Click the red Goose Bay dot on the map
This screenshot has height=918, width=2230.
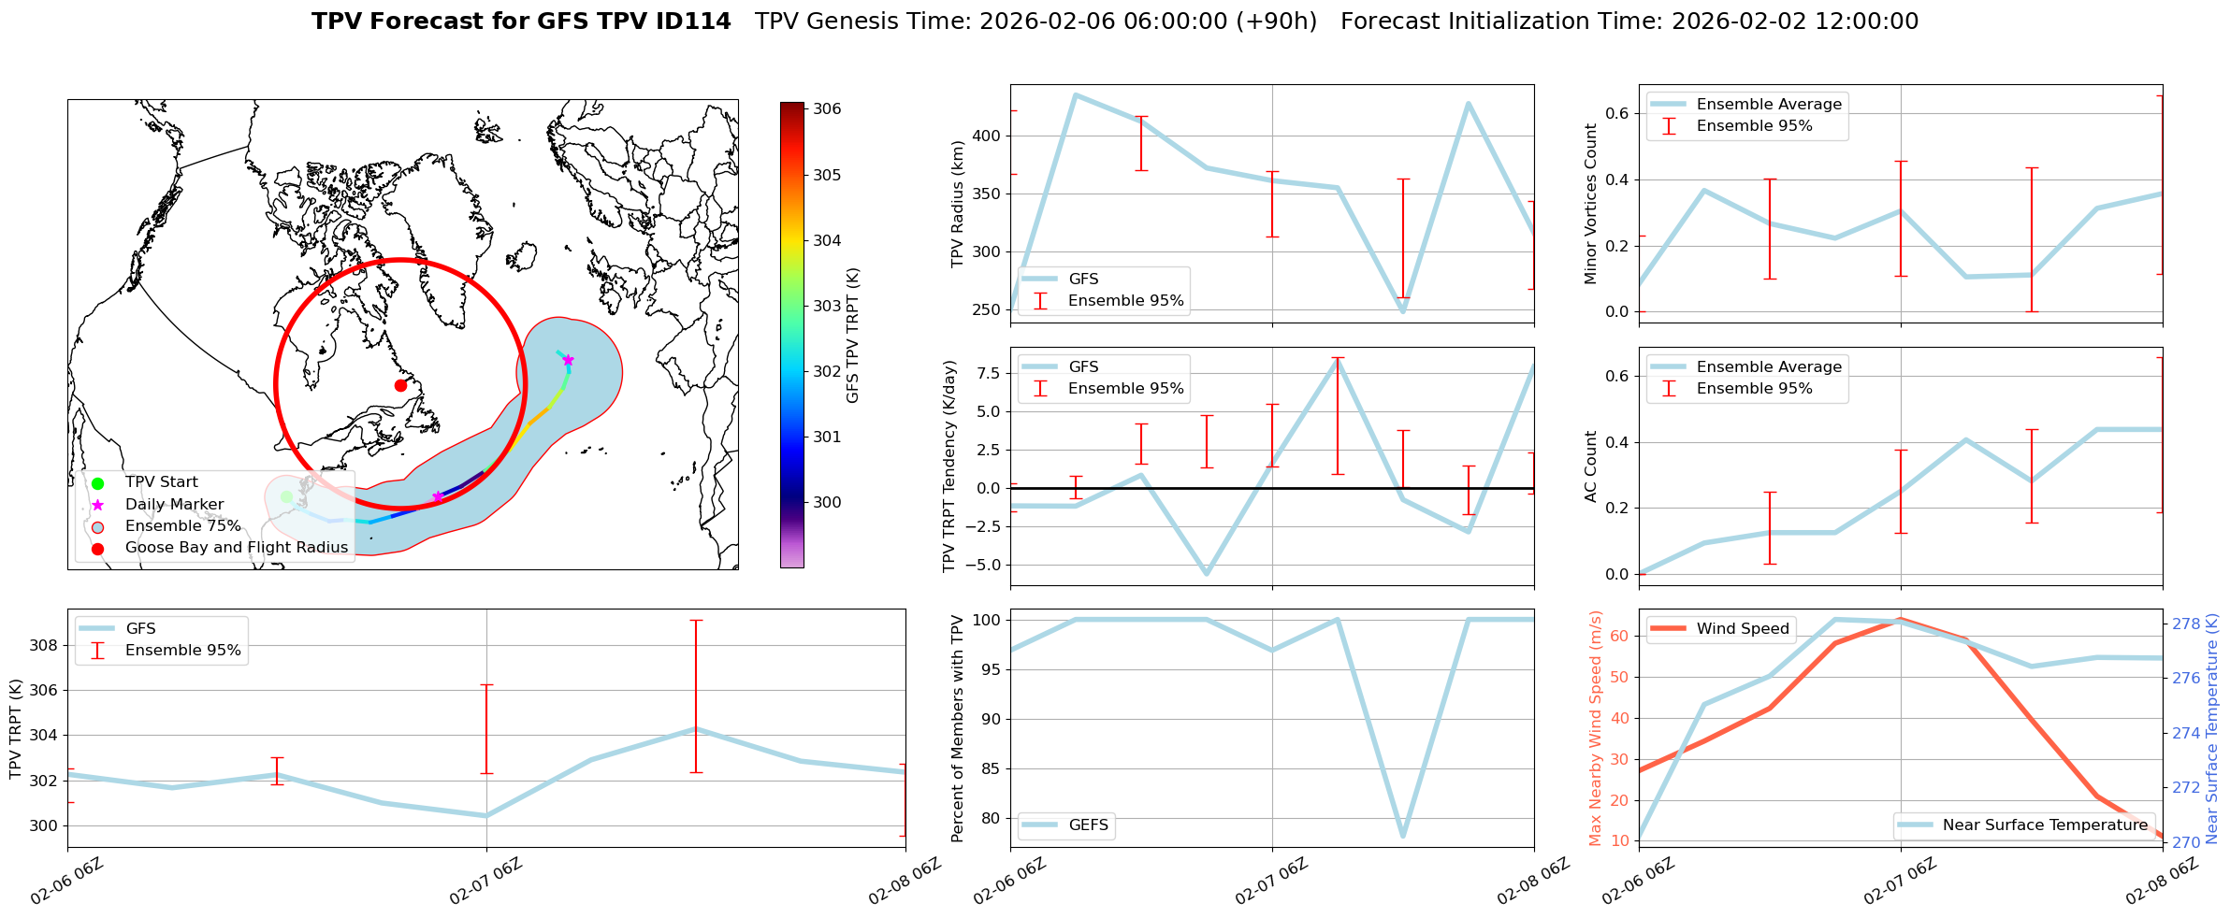(x=400, y=385)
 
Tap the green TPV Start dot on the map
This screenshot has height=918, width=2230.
(x=286, y=496)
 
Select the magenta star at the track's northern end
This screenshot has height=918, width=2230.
(x=568, y=360)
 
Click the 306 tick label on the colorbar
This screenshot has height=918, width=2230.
(x=827, y=108)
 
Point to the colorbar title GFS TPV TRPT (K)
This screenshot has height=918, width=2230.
(x=852, y=335)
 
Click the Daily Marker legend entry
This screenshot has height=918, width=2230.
(x=174, y=504)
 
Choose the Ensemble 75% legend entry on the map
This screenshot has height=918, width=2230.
(x=182, y=525)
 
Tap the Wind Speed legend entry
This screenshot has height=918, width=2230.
(x=1743, y=628)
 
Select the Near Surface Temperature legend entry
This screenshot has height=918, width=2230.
(x=2045, y=825)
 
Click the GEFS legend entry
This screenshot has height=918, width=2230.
(x=1088, y=825)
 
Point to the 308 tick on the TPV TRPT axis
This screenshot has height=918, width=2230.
(x=47, y=645)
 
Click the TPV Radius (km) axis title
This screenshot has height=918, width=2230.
(x=957, y=204)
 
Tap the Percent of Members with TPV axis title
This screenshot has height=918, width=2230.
(x=957, y=728)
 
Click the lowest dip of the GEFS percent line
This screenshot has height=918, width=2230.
(x=1403, y=836)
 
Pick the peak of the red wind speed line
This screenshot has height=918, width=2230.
(x=1900, y=619)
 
